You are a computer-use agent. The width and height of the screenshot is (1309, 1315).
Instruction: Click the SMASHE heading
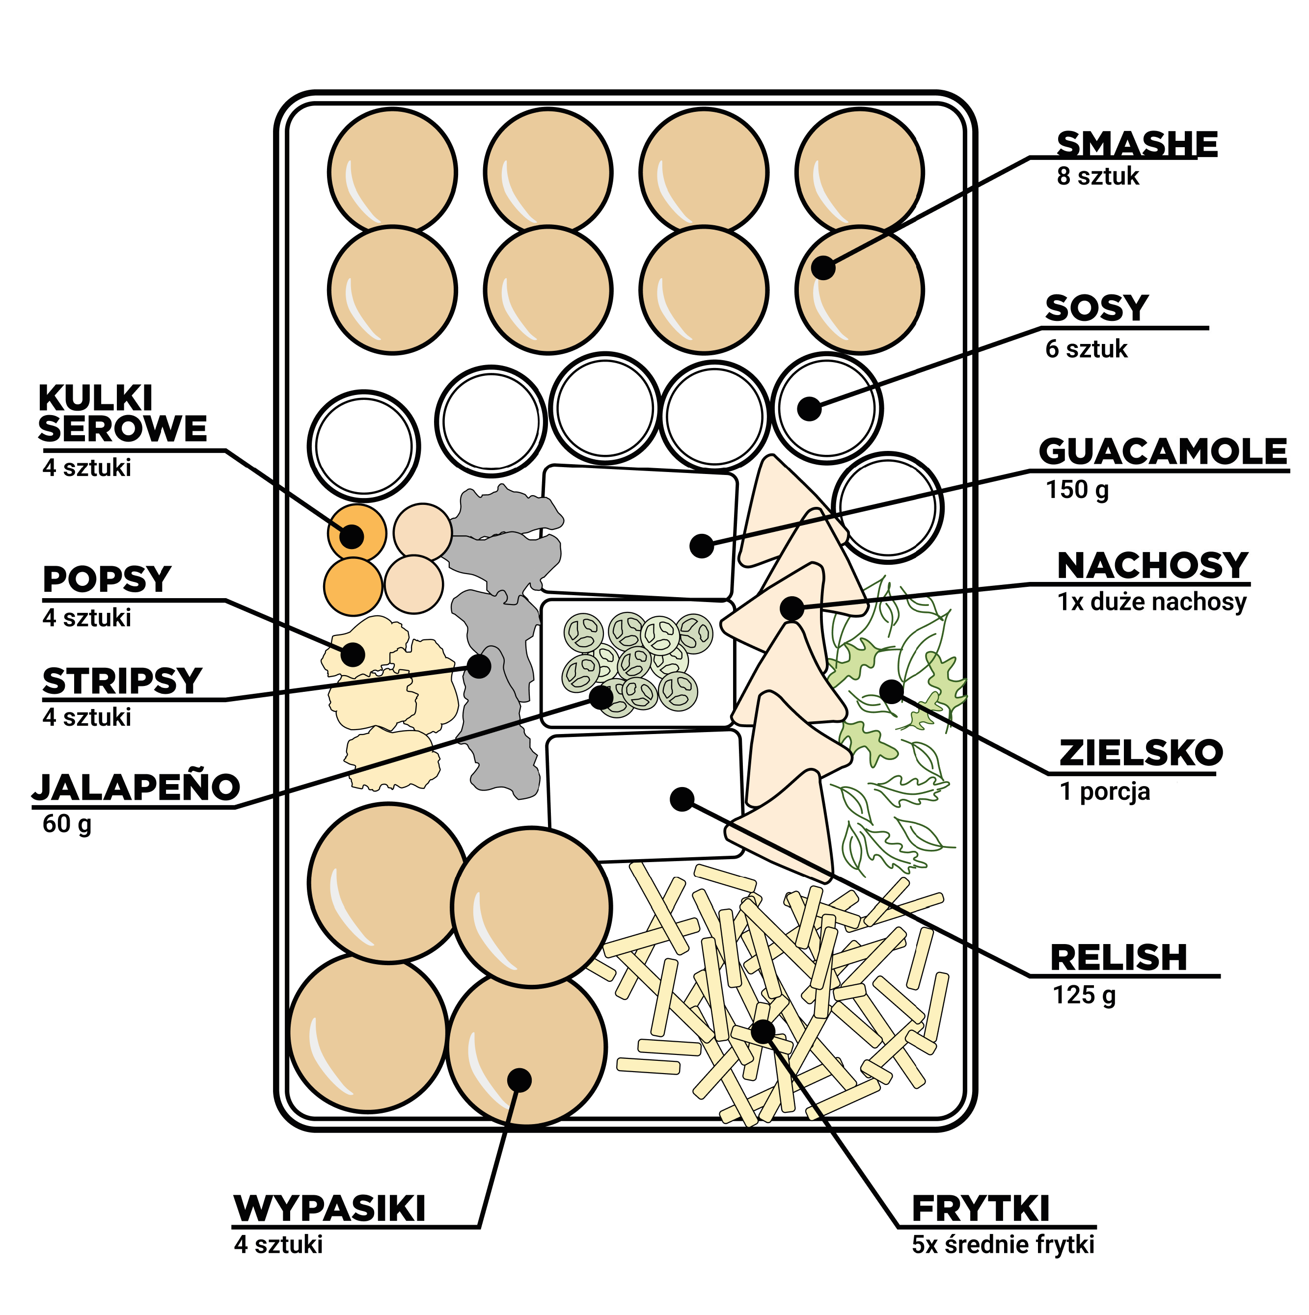[1136, 144]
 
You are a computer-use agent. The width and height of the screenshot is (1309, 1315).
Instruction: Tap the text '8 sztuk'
[1097, 176]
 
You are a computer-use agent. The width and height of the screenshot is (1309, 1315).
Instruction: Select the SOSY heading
[1096, 308]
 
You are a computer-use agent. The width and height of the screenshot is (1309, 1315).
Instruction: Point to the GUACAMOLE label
[1163, 452]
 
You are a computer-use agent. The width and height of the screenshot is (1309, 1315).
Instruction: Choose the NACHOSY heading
[1152, 566]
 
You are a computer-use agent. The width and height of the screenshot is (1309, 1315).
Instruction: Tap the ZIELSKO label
[1141, 753]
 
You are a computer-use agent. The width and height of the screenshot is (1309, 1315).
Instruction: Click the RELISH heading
[1118, 958]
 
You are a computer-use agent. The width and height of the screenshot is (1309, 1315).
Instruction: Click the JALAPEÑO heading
[136, 788]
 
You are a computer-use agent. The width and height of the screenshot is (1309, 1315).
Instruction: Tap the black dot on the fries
[763, 1031]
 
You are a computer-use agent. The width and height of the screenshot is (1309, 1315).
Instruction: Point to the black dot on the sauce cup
[809, 408]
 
